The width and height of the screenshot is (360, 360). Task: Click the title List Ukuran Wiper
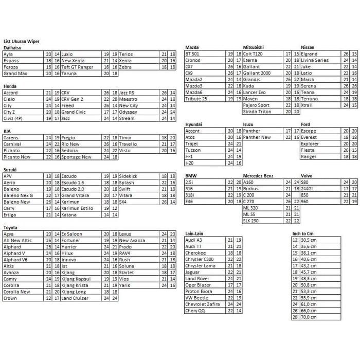(x=22, y=41)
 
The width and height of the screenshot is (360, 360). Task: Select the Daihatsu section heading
(x=13, y=47)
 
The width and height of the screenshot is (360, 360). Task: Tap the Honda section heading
(x=10, y=86)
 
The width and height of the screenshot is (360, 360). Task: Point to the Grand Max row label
(x=15, y=74)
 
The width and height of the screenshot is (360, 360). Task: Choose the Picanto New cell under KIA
(x=17, y=157)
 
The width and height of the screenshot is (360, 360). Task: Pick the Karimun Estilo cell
(x=78, y=208)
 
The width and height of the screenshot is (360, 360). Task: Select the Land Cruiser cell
(x=75, y=298)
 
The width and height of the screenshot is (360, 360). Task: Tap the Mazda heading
(x=192, y=47)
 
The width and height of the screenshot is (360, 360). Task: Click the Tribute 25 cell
(x=196, y=99)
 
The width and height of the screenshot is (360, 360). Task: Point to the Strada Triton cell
(x=257, y=112)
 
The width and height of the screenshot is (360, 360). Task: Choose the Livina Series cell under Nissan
(x=315, y=60)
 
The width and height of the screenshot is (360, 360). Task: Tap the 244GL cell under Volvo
(x=308, y=189)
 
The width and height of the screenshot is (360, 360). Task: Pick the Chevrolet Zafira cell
(x=202, y=304)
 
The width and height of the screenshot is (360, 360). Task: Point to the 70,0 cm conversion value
(x=309, y=317)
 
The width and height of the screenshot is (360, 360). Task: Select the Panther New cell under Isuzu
(x=257, y=137)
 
